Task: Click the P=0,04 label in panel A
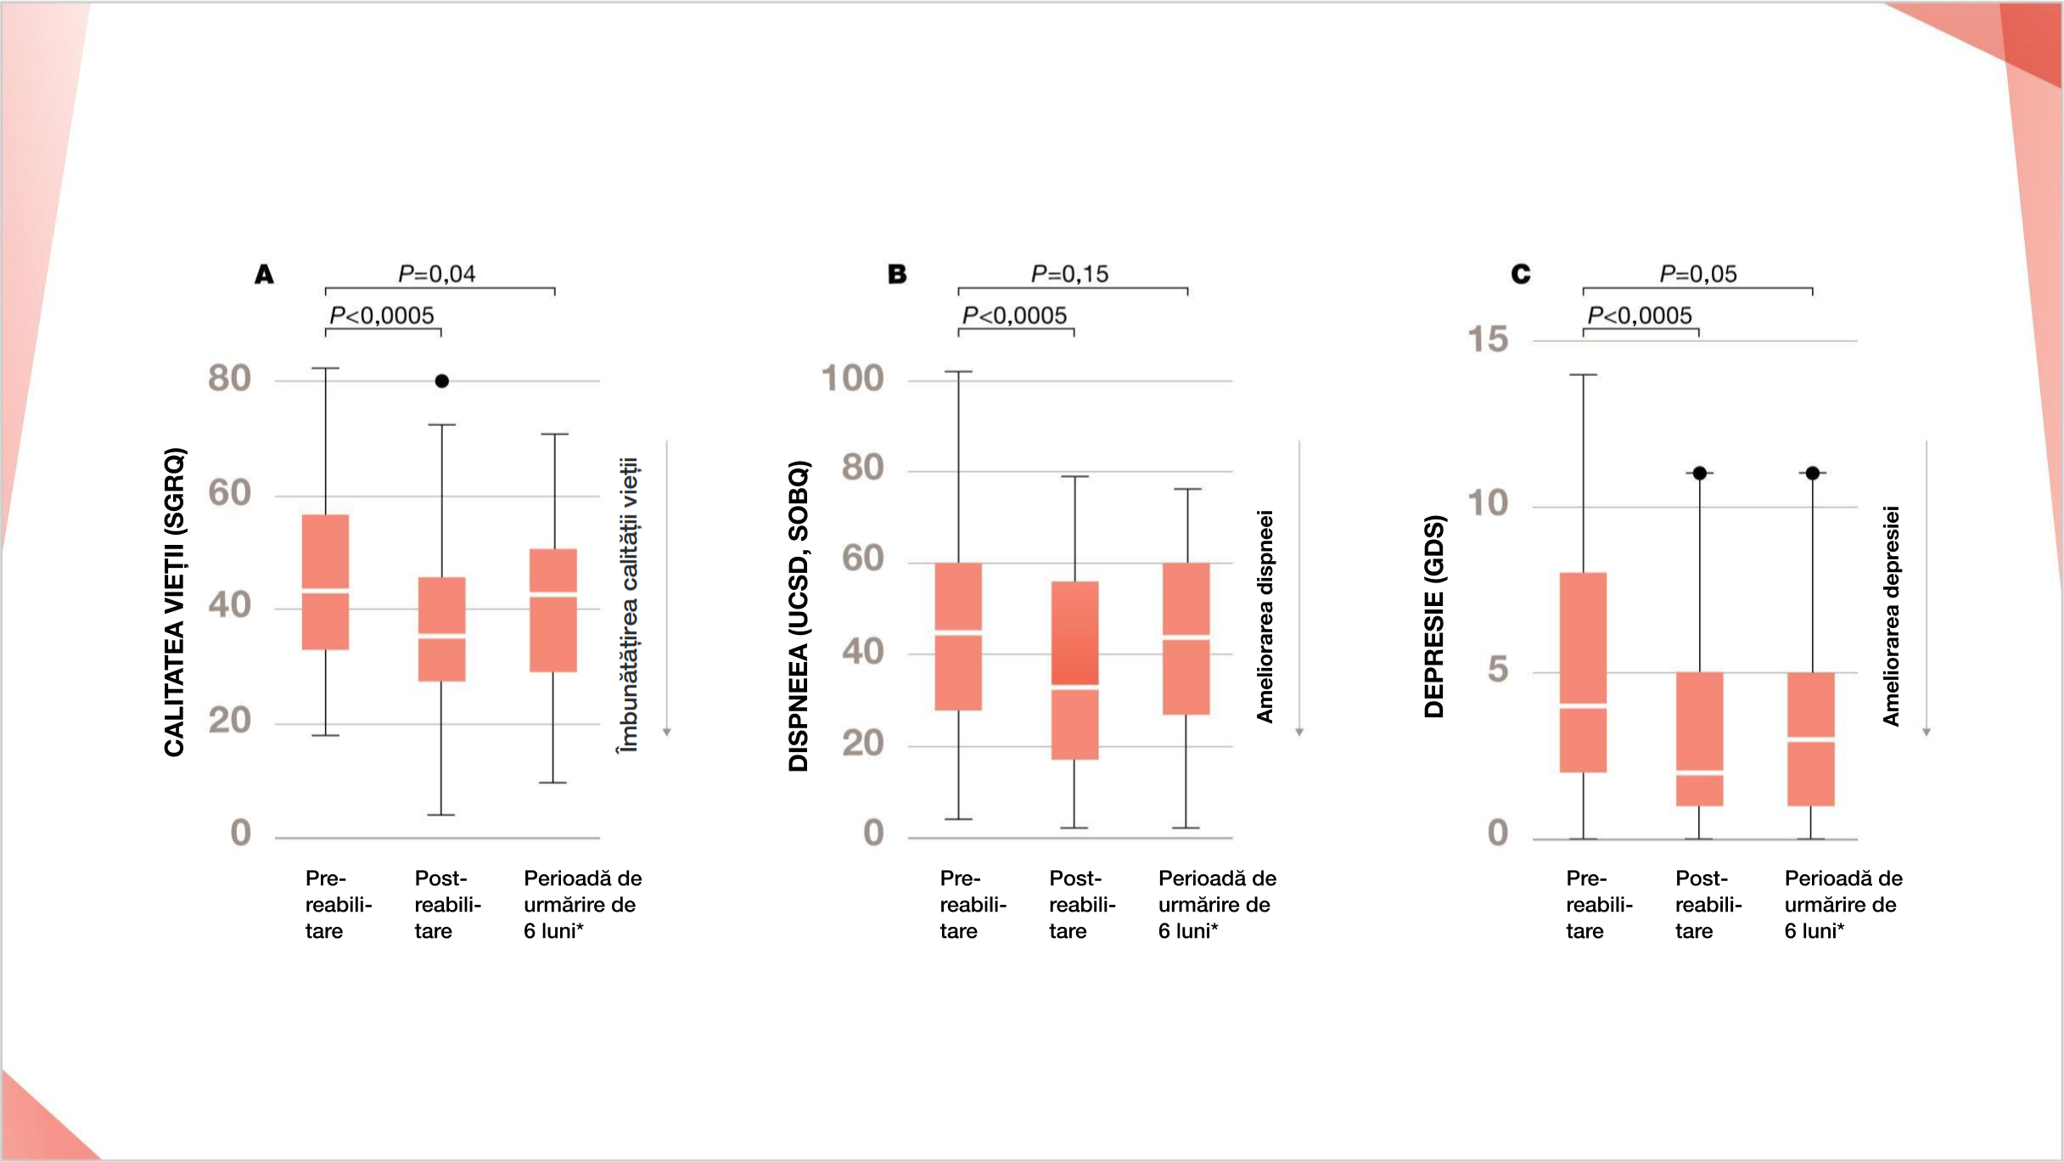coord(436,273)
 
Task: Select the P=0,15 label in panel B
coord(1069,273)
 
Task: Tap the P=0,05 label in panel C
coord(1697,273)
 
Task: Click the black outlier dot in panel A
coord(441,381)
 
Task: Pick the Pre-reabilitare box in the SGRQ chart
coord(326,581)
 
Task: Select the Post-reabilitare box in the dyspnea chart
coord(1074,670)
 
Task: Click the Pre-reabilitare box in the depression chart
coord(1583,672)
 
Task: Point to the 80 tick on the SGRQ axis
coord(229,379)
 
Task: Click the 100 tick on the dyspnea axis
coord(852,379)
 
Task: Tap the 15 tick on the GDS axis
coord(1488,340)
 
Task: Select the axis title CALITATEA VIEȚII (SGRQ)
coord(174,601)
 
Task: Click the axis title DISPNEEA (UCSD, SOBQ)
coord(799,615)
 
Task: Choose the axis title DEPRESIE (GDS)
coord(1433,615)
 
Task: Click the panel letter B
coord(897,274)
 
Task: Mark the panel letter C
coord(1520,274)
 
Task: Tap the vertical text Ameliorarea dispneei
coord(1265,615)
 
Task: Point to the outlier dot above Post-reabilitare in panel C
coord(1699,473)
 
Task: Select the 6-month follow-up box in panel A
coord(553,610)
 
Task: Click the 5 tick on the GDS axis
coord(1498,670)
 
